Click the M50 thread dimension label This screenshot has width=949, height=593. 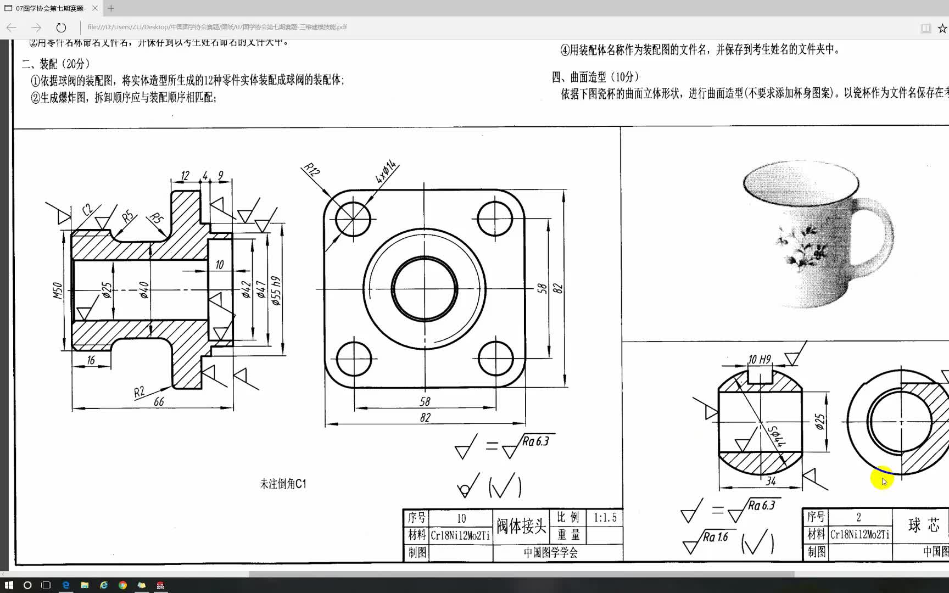pyautogui.click(x=57, y=290)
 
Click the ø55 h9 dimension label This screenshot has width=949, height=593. pyautogui.click(x=276, y=290)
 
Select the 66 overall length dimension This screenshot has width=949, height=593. pyautogui.click(x=159, y=402)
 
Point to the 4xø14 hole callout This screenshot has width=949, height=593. pyautogui.click(x=386, y=171)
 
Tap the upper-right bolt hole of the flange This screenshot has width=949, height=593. pyautogui.click(x=495, y=218)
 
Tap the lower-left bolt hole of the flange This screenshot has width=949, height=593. pyautogui.click(x=354, y=359)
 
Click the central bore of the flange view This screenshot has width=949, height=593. pyautogui.click(x=425, y=289)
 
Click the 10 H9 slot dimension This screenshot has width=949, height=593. pyautogui.click(x=760, y=359)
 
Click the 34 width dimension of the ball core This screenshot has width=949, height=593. pyautogui.click(x=771, y=481)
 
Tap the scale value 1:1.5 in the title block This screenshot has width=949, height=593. pyautogui.click(x=605, y=518)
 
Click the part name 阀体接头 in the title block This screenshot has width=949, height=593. pyautogui.click(x=521, y=526)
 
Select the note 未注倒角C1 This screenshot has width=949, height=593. pyautogui.click(x=283, y=484)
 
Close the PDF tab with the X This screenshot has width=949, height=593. pyautogui.click(x=95, y=8)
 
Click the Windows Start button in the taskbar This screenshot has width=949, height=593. pyautogui.click(x=9, y=585)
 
